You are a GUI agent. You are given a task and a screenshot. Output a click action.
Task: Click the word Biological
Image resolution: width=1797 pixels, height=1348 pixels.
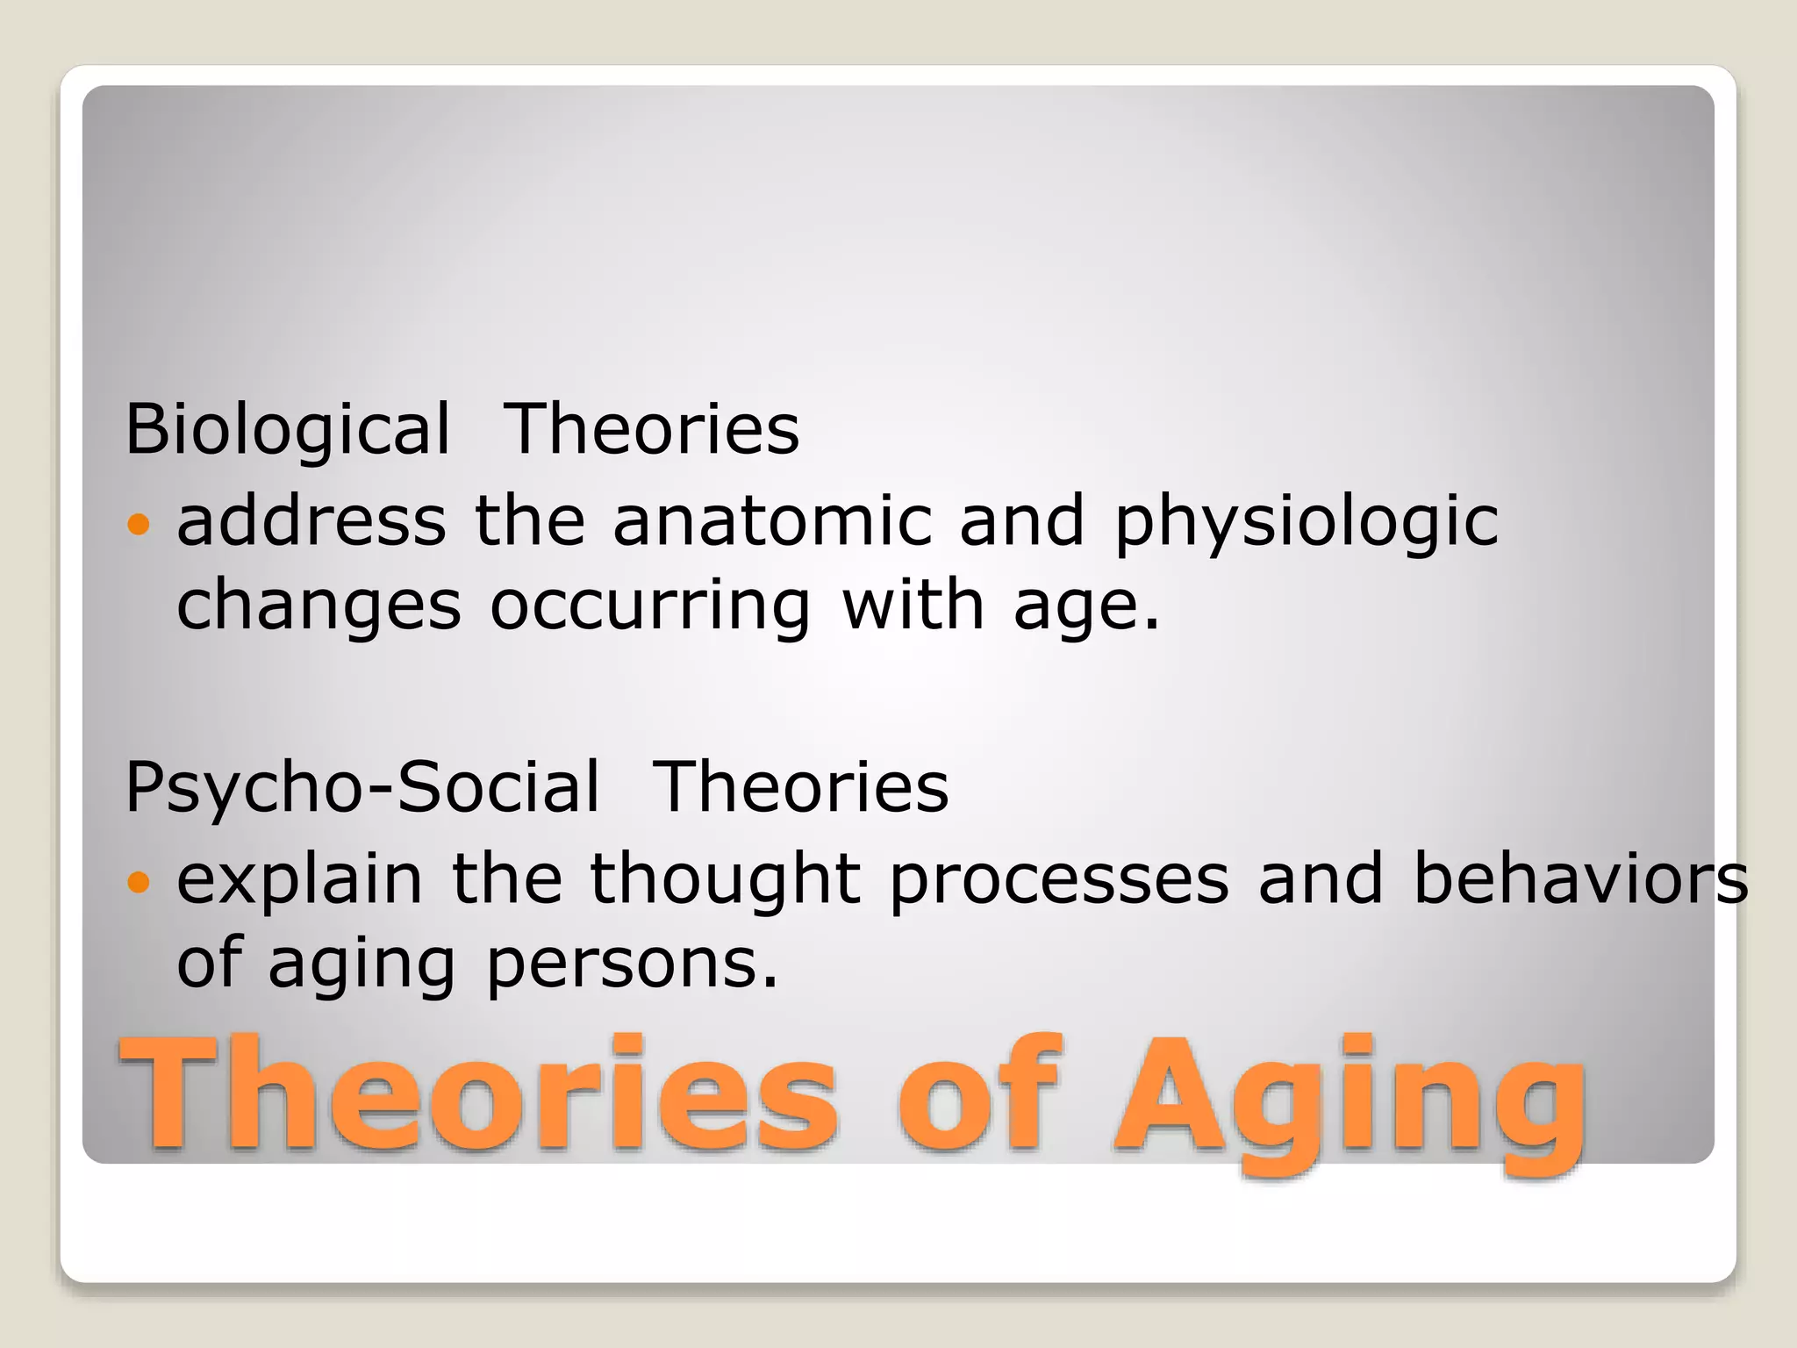[287, 429]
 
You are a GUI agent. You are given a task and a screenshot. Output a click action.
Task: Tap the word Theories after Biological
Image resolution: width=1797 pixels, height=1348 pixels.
[651, 429]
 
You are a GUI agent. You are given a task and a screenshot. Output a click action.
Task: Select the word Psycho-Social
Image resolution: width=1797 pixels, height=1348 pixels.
[362, 787]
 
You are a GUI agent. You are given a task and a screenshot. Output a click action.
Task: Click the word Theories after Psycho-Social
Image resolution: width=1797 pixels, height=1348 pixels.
[800, 787]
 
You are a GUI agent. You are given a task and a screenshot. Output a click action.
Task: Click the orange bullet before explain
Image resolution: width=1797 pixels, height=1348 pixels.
[139, 881]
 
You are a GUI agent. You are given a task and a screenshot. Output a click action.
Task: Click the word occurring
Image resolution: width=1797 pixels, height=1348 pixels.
[650, 607]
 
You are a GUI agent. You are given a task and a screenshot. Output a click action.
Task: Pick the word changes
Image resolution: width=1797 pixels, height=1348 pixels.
[319, 607]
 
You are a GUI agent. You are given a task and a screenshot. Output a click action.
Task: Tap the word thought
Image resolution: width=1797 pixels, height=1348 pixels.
[725, 879]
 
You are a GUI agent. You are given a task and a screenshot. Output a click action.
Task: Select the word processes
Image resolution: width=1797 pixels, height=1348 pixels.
[1059, 881]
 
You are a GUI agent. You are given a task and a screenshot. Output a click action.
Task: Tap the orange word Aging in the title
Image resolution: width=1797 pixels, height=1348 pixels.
[1350, 1097]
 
